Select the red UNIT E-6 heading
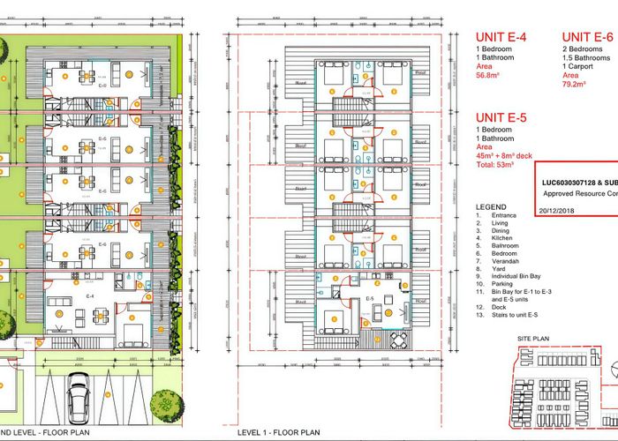coord(589,37)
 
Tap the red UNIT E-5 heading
coord(505,116)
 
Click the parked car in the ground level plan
coord(79,397)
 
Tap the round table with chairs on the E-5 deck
coord(399,340)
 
